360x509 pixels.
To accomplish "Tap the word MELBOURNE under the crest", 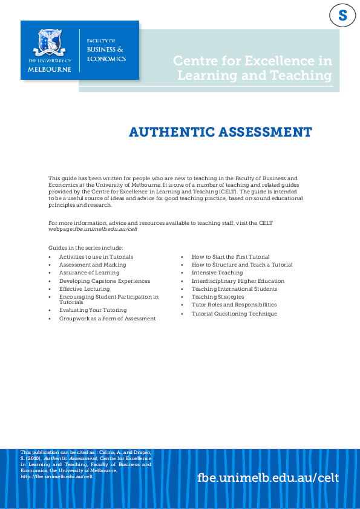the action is [x=49, y=68].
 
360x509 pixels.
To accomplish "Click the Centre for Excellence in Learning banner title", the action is [x=253, y=68].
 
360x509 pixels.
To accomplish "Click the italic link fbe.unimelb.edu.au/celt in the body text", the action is [x=106, y=230].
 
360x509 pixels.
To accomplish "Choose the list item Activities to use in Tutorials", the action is [x=96, y=257].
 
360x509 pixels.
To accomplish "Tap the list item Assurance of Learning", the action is [x=89, y=273].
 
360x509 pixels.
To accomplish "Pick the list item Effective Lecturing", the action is [x=85, y=289].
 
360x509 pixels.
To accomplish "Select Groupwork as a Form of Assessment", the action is [x=107, y=318].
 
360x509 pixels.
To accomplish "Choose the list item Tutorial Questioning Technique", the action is [x=234, y=314].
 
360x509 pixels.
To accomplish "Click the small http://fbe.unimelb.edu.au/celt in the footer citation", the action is [x=56, y=476].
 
